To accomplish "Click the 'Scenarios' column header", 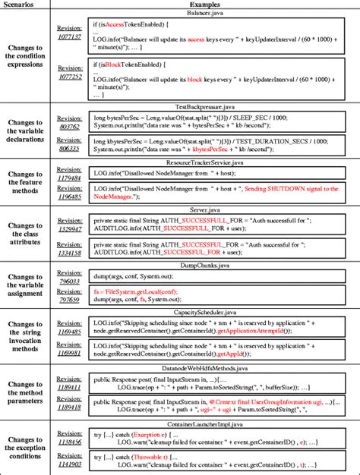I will pos(27,5).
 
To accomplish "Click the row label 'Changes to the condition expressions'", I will pos(28,58).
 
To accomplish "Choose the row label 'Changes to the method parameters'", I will pos(28,391).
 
